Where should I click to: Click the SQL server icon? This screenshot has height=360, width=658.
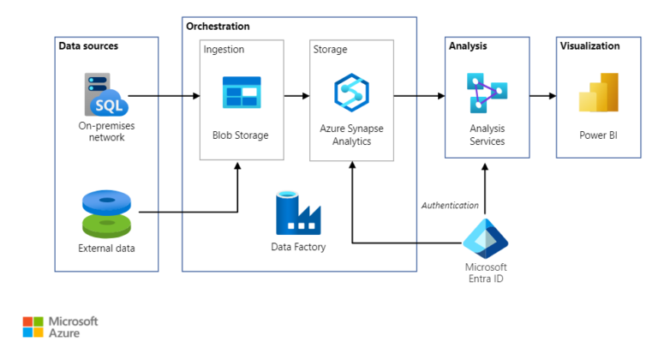click(105, 94)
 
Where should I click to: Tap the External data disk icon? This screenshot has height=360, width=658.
click(106, 214)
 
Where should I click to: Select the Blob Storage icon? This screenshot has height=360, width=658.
click(241, 93)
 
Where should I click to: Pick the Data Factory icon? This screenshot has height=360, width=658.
click(297, 213)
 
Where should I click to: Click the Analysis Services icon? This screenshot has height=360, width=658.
click(486, 93)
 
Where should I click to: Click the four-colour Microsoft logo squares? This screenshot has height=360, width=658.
click(33, 327)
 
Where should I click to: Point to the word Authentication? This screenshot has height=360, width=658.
click(449, 205)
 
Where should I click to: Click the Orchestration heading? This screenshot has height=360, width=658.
click(218, 27)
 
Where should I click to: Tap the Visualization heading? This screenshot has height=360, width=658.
click(589, 46)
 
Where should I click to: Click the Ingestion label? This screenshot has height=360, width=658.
click(224, 50)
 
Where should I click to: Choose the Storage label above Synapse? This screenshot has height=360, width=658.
click(330, 50)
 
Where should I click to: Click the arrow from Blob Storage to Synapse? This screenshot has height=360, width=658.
click(296, 96)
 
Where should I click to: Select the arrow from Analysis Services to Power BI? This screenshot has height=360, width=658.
click(541, 96)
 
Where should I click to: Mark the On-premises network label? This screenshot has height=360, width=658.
click(106, 131)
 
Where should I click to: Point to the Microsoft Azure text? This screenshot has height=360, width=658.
click(73, 327)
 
